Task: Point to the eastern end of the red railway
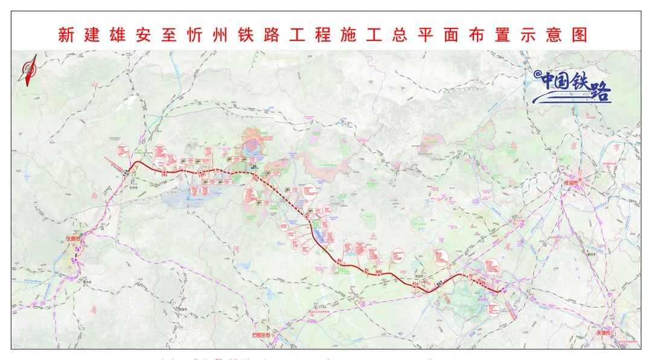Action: [500, 292]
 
